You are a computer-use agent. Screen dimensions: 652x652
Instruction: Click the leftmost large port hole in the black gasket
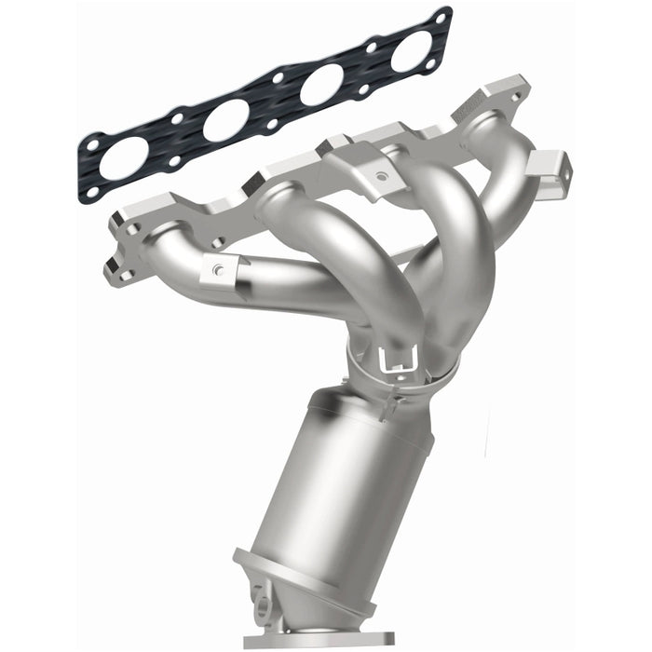pos(124,157)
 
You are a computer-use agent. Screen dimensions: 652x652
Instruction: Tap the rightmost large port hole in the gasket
pos(412,51)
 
